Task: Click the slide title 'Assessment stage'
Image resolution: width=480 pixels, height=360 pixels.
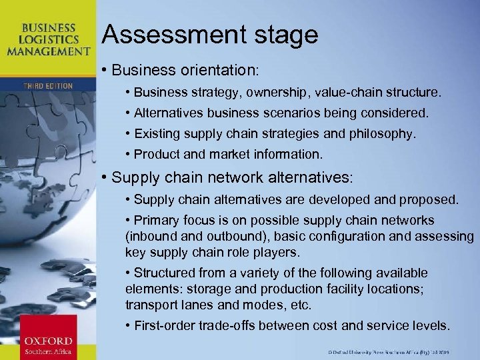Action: click(x=210, y=35)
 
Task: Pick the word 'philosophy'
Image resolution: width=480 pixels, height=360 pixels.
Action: click(x=385, y=134)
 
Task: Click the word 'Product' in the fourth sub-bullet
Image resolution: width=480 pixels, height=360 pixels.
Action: click(x=154, y=155)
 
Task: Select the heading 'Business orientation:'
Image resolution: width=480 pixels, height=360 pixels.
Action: click(x=185, y=69)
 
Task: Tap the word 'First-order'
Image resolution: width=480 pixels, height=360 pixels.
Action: click(x=165, y=326)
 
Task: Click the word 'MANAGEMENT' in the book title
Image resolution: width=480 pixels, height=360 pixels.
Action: click(x=56, y=51)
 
